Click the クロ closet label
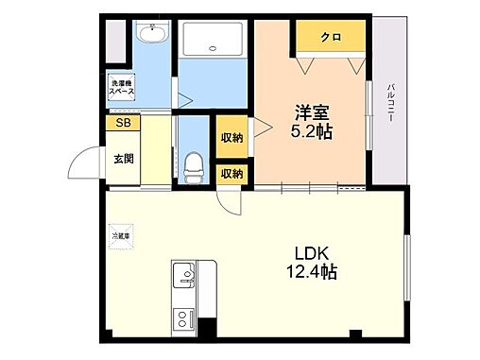point(330,38)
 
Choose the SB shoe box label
point(123,122)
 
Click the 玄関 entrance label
point(124,158)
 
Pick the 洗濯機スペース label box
point(120,86)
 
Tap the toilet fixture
point(195,168)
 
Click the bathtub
point(214,40)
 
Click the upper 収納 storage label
point(231,138)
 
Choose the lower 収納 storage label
point(231,173)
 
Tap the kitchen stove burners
point(181,320)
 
